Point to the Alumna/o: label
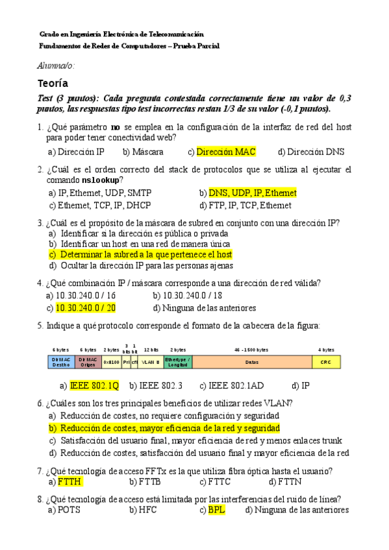click(56, 66)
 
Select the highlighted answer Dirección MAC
click(226, 152)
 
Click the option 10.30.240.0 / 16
click(84, 295)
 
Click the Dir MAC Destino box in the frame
click(61, 362)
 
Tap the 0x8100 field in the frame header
click(111, 362)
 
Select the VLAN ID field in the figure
click(151, 362)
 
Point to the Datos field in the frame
click(251, 362)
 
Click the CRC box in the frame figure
click(326, 362)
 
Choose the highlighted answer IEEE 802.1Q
click(95, 385)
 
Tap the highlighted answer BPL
click(216, 510)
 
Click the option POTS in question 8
click(69, 510)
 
